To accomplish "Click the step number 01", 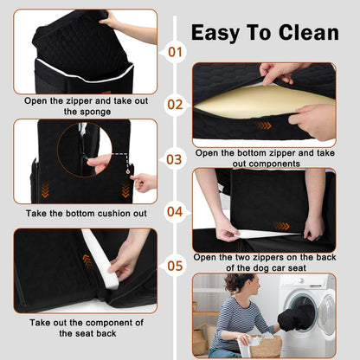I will [176, 52].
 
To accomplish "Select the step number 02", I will [176, 106].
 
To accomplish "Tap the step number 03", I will [176, 159].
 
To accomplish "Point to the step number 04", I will [176, 211].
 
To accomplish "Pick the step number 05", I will [176, 265].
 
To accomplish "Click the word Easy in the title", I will [216, 33].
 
